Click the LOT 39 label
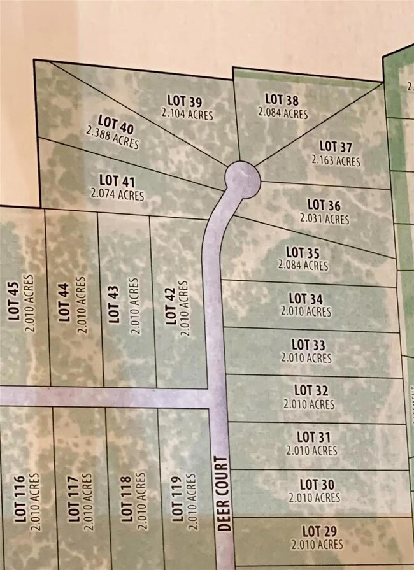185,101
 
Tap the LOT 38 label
282,99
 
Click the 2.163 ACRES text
336,160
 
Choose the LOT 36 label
324,205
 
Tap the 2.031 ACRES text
324,218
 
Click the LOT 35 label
303,252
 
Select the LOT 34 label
306,298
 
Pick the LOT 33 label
308,345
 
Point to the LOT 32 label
310,390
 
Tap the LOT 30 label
314,484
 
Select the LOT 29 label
317,531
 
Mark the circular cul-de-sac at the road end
243,179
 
